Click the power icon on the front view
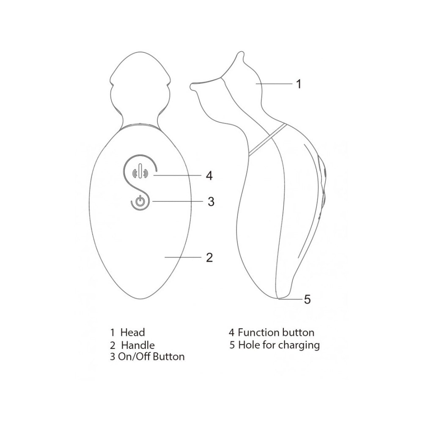tap(139, 201)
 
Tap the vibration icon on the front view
tap(140, 172)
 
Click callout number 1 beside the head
tap(298, 84)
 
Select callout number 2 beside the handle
tap(209, 257)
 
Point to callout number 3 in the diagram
tap(211, 201)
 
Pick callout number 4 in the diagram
tap(209, 176)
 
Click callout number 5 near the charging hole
tap(307, 299)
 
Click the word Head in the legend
tap(132, 332)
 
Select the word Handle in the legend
tap(138, 345)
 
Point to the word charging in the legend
tap(299, 346)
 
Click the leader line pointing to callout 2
tap(183, 257)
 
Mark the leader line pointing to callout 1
tap(274, 84)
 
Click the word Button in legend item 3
tap(169, 357)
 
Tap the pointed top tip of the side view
tap(239, 53)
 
